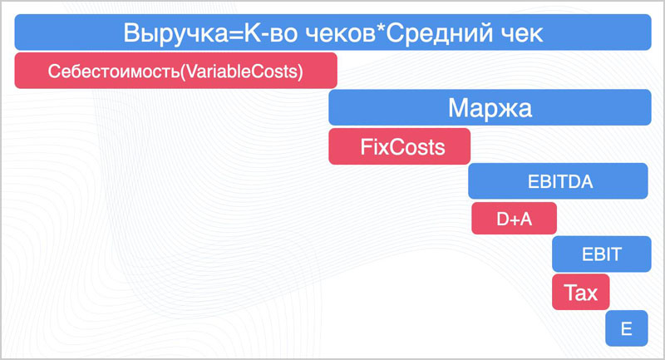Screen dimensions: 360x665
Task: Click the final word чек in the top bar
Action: (x=521, y=33)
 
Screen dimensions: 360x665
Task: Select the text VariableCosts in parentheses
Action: (x=244, y=71)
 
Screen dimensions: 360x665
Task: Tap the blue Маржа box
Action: (x=490, y=108)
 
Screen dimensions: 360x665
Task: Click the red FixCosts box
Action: (x=399, y=146)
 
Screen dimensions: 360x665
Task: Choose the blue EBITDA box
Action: (x=558, y=182)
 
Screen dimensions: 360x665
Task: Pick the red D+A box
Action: (x=514, y=219)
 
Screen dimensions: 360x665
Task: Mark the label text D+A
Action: (x=514, y=219)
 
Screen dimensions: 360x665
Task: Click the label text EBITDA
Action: (x=558, y=182)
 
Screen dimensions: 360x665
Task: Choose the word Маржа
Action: (x=490, y=108)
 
